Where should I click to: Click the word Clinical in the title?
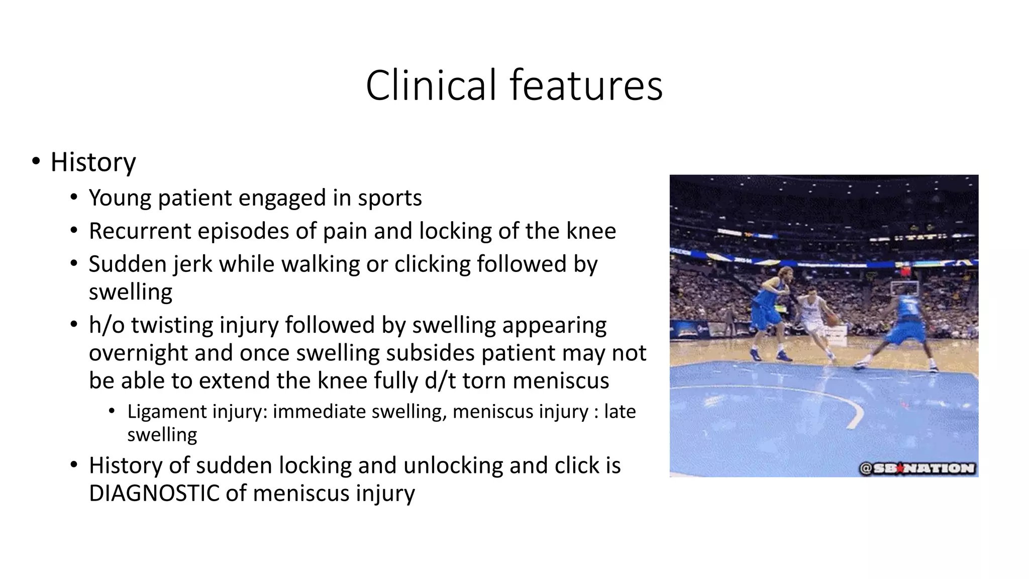point(431,85)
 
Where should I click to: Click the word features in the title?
point(586,85)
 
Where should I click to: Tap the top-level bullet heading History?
point(93,162)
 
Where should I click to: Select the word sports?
point(389,198)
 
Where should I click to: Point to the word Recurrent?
point(140,231)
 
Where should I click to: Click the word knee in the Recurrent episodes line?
point(591,231)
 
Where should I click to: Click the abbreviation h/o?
point(107,325)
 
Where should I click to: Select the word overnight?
point(138,353)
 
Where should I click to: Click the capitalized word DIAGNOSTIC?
point(154,493)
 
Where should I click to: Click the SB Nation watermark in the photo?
point(917,468)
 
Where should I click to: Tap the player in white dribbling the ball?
point(816,322)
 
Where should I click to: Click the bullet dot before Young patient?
point(74,198)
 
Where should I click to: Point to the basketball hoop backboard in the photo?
point(904,288)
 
